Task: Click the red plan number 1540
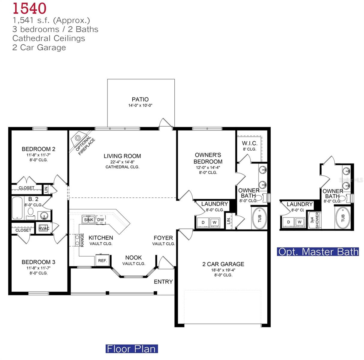[29, 8]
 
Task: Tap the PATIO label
[140, 99]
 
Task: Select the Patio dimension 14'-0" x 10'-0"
[140, 106]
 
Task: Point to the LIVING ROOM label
[122, 156]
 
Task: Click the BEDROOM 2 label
[38, 149]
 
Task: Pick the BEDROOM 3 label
[38, 262]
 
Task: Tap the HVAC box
[44, 228]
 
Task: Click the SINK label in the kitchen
[89, 220]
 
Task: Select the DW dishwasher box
[101, 220]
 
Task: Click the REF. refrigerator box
[103, 260]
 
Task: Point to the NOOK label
[134, 258]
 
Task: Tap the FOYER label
[163, 238]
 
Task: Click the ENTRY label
[163, 282]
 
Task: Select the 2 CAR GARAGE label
[223, 264]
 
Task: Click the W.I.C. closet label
[250, 143]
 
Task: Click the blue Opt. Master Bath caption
[318, 252]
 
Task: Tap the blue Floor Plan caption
[131, 349]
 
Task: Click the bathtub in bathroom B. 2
[17, 208]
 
